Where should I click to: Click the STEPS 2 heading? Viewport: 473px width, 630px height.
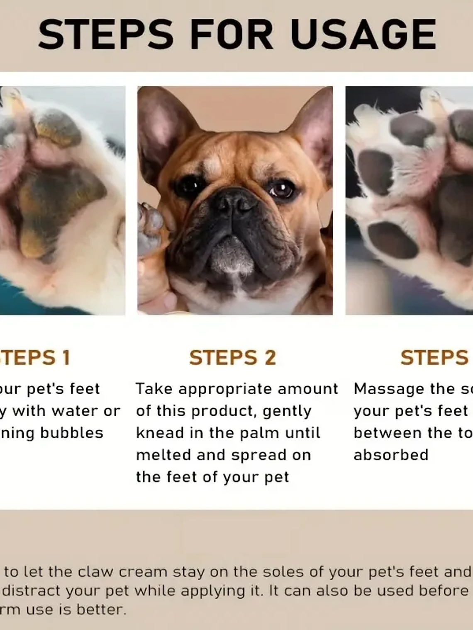coord(232,358)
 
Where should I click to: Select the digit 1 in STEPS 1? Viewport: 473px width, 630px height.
coord(66,358)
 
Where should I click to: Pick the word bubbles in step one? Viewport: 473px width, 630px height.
coord(71,433)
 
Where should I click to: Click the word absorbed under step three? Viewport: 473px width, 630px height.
coord(391,455)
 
